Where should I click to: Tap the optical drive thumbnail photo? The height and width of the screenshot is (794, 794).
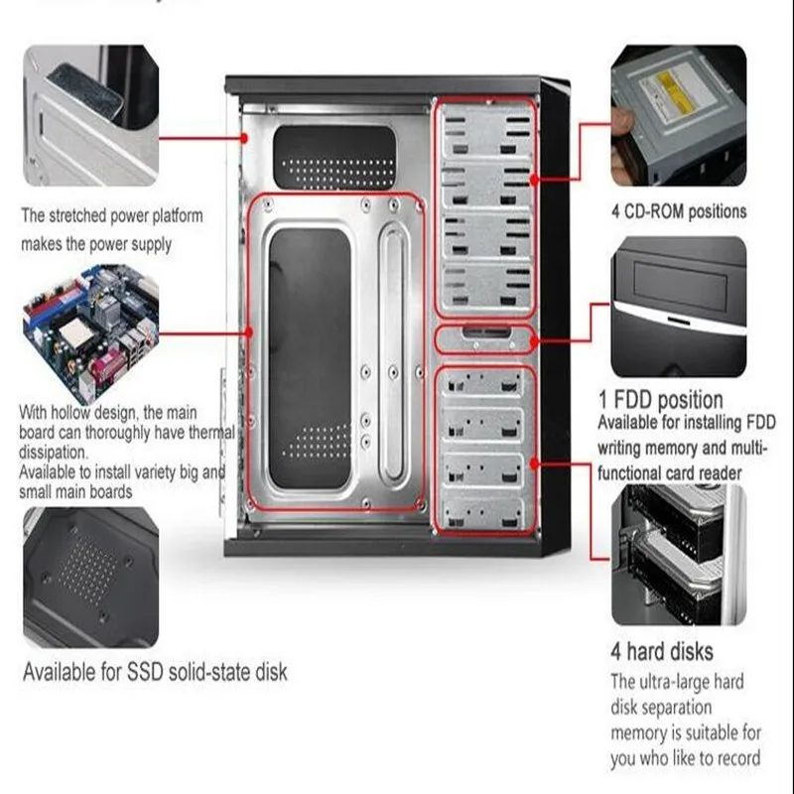click(x=678, y=114)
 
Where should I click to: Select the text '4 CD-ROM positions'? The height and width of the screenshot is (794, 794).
click(x=679, y=211)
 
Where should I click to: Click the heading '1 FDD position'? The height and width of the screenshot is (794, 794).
click(x=660, y=400)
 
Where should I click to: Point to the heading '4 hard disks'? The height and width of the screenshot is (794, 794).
click(x=661, y=652)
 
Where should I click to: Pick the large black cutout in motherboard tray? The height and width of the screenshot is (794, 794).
click(x=310, y=357)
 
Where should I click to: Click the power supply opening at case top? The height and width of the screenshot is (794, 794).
click(x=332, y=157)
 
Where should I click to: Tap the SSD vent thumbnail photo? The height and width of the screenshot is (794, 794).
click(x=89, y=576)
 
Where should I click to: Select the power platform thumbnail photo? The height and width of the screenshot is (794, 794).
click(x=89, y=114)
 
